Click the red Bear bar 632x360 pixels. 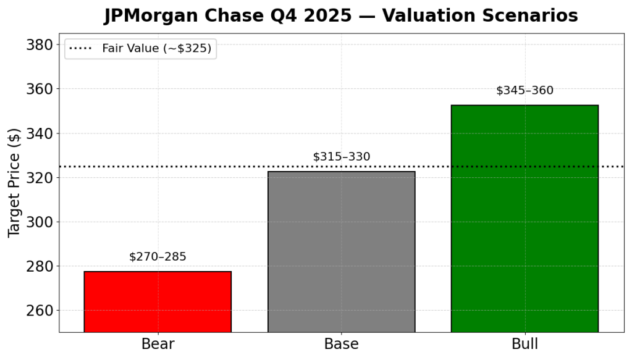158,301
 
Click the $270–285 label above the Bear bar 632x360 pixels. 158,257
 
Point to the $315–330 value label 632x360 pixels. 341,157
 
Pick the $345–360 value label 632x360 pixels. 525,91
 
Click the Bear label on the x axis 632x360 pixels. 158,344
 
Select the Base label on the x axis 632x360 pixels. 341,344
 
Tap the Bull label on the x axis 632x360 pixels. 525,344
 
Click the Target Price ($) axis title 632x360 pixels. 14,182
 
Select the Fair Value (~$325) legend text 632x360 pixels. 156,49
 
